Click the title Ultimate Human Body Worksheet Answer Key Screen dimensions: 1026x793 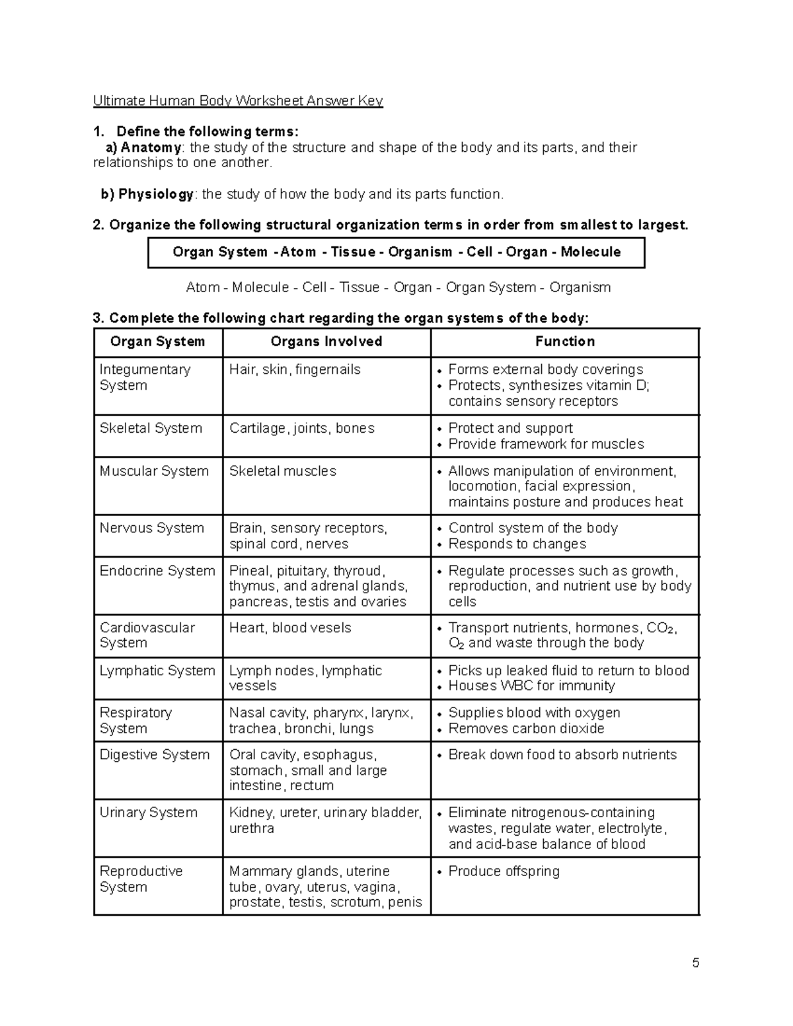coord(238,101)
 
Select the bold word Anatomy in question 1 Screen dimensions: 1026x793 coord(151,147)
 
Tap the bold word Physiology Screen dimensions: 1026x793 coord(156,194)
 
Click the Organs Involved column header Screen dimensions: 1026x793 coord(326,342)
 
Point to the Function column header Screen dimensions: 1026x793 coord(565,342)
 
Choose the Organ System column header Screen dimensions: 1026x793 coord(158,342)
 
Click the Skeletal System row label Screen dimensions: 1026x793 coord(151,428)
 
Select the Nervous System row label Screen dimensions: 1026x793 coord(151,529)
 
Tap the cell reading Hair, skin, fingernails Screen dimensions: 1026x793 coord(295,370)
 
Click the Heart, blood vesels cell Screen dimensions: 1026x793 coord(290,628)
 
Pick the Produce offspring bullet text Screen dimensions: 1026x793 coord(504,871)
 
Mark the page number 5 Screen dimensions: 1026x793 coord(695,963)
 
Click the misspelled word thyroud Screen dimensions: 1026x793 coord(358,571)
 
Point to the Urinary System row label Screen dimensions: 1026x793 coord(148,813)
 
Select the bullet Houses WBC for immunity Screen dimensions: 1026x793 coord(531,686)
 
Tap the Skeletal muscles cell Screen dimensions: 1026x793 coord(282,471)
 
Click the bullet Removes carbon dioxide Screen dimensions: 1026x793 coord(526,729)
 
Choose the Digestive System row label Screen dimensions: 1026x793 coord(154,755)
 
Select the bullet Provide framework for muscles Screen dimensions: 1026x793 coord(546,445)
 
